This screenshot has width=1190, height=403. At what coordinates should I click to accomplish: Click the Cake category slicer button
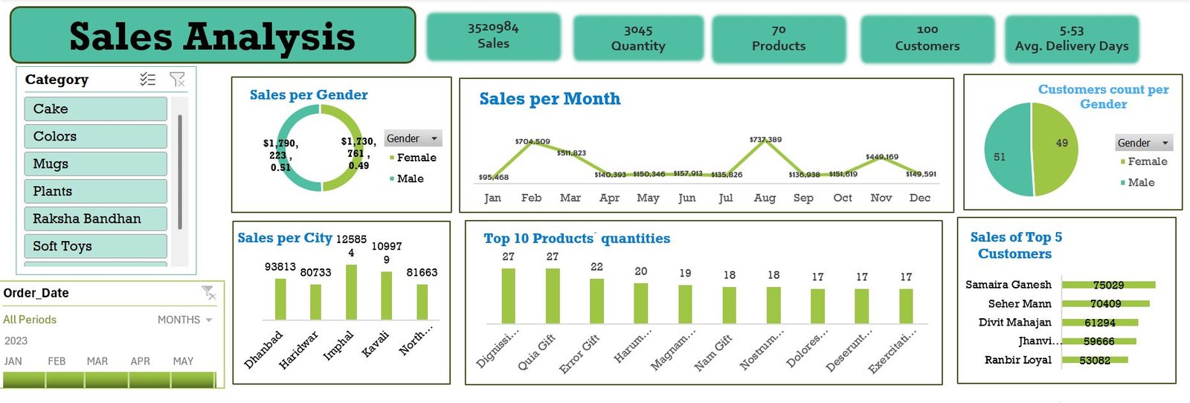(x=95, y=109)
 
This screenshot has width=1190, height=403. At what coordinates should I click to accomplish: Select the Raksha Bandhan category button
(x=95, y=219)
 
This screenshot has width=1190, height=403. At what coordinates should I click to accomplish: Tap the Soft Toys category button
(x=95, y=246)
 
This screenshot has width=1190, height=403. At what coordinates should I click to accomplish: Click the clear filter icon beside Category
(x=177, y=80)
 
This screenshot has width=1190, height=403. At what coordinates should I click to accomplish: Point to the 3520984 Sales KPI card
(x=493, y=36)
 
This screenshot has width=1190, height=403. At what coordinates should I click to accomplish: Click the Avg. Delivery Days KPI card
(x=1071, y=39)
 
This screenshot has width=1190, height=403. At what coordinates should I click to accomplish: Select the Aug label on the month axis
(x=765, y=198)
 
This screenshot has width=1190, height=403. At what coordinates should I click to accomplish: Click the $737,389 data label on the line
(x=765, y=139)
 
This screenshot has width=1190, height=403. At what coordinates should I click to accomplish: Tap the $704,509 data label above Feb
(x=533, y=141)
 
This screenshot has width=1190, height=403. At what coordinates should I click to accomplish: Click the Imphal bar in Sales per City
(x=351, y=292)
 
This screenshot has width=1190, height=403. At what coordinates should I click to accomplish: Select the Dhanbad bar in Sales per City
(x=280, y=299)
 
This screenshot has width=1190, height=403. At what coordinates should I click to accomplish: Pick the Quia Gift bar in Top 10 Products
(x=553, y=296)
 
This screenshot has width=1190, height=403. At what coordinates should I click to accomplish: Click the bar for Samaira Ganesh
(x=1108, y=285)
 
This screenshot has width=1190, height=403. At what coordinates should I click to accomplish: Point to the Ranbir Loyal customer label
(x=1017, y=360)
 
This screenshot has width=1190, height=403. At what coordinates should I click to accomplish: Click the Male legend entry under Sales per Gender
(x=410, y=178)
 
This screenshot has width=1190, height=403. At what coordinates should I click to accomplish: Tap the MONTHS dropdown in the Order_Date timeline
(x=184, y=320)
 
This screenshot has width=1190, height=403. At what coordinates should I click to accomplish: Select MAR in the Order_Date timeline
(x=97, y=361)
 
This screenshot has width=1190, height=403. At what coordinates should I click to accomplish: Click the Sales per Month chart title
(x=550, y=99)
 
